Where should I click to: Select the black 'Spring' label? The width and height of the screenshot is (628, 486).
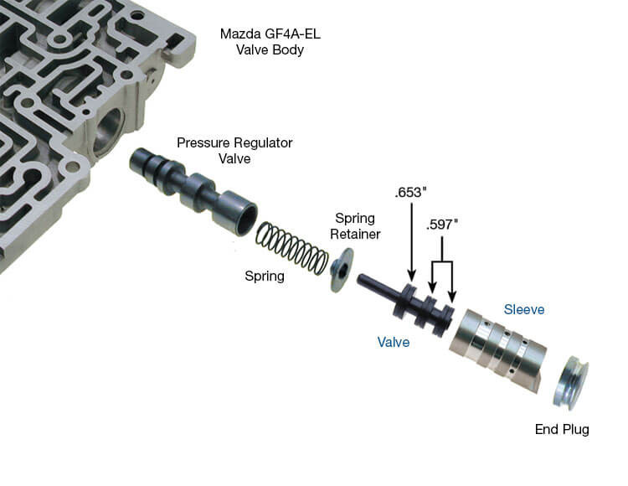[264, 275]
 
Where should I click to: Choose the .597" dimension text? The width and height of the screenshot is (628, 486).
[443, 225]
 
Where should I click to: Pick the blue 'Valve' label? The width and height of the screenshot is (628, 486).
[393, 342]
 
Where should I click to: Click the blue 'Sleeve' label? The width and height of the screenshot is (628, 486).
[524, 309]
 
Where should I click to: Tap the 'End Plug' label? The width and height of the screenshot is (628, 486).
[562, 430]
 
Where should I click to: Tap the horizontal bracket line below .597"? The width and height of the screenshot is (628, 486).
[441, 262]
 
